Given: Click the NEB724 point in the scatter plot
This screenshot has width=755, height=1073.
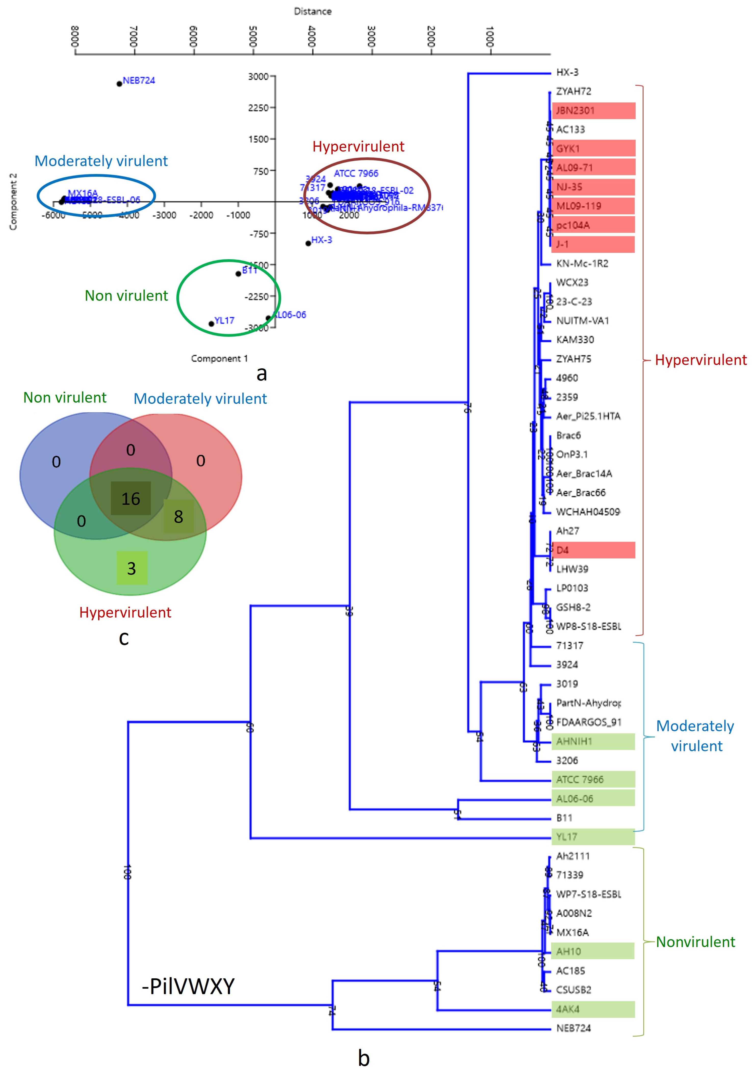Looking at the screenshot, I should pos(120,84).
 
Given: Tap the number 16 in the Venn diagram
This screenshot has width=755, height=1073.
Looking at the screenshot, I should pos(131,499).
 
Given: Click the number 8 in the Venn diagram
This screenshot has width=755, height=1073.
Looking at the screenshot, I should pos(178,516).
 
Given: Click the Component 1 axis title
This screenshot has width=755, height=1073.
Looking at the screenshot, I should pos(219,358).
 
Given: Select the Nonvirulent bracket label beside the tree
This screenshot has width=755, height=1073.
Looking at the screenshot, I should pos(695,942).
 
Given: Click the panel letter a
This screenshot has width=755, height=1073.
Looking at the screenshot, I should pos(262,373).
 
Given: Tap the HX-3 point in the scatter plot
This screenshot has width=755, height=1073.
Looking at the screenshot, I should pos(308,243).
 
